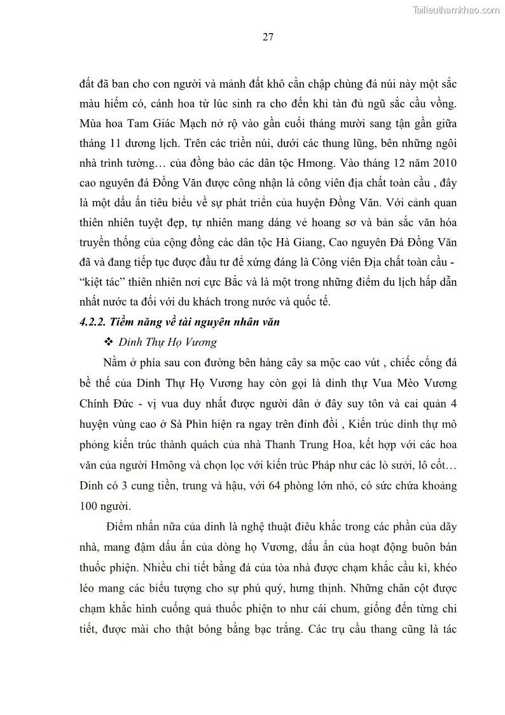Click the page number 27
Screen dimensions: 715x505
pyautogui.click(x=268, y=37)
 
